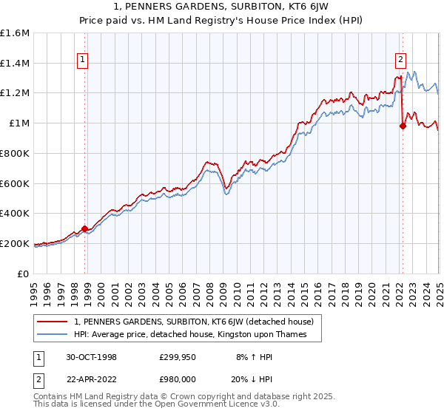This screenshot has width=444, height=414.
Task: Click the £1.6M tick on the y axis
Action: (x=16, y=33)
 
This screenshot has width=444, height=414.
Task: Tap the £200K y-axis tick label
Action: (x=16, y=243)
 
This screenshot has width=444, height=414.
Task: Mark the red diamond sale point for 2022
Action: (x=403, y=126)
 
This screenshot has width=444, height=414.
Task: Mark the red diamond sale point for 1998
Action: (x=85, y=228)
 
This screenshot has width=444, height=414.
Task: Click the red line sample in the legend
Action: (x=53, y=322)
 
